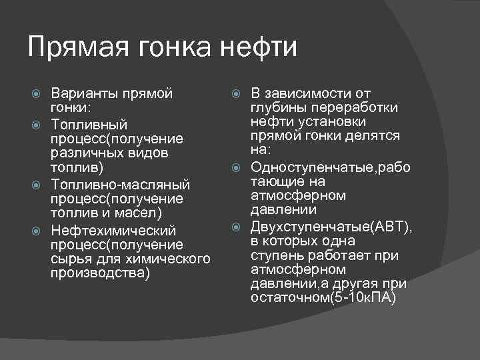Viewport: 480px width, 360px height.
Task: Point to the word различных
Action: pyautogui.click(x=81, y=153)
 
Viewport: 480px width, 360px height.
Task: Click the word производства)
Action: pyautogui.click(x=100, y=273)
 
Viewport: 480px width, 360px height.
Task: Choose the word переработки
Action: pyautogui.click(x=357, y=108)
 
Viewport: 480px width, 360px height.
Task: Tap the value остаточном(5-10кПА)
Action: pyautogui.click(x=323, y=298)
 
